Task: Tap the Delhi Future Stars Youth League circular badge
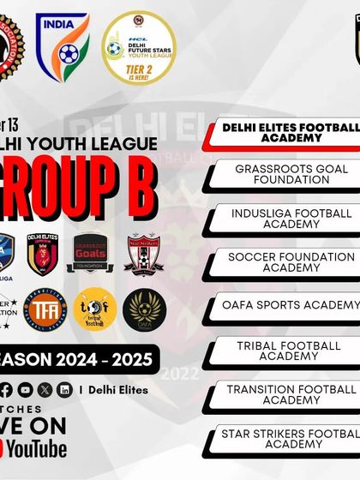coord(138,46)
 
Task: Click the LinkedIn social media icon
coord(66,389)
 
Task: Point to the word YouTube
coord(38,448)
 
